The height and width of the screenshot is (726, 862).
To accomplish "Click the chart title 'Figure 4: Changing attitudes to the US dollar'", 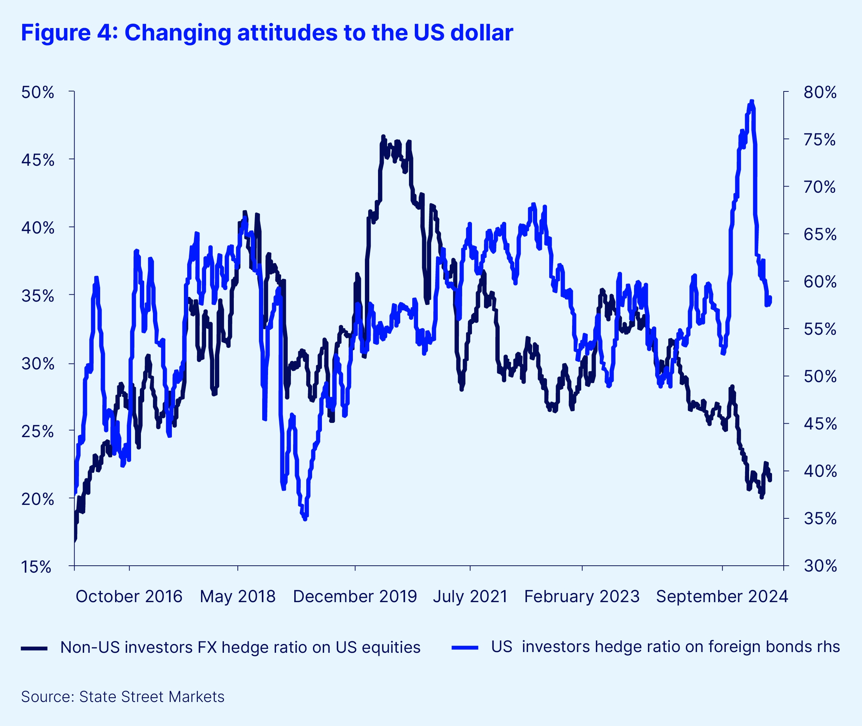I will point(267,32).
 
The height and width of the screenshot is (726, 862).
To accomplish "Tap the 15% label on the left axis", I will point(36,567).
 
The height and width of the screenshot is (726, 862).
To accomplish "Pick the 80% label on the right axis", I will point(820,93).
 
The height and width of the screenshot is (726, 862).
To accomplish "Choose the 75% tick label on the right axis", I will point(820,140).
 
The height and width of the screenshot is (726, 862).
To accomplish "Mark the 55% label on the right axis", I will point(820,329).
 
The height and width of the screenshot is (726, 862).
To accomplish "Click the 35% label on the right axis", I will point(820,519).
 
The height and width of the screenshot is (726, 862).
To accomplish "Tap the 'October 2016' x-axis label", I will point(129,596).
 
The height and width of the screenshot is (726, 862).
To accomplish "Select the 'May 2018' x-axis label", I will point(237,596).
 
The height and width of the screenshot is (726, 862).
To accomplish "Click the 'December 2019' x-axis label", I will point(355,596).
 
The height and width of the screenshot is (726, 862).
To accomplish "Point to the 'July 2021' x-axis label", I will point(470,596).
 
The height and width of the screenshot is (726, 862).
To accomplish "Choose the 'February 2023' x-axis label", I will point(582,596).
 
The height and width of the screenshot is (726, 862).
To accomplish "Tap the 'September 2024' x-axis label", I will point(722,596).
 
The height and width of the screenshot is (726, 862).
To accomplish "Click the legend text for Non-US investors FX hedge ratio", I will point(240,647).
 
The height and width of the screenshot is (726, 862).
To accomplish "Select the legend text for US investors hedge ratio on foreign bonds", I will point(665,647).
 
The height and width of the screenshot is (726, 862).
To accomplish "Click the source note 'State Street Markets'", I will point(151,697).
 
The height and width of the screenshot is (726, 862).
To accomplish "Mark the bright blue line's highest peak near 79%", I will point(752,101).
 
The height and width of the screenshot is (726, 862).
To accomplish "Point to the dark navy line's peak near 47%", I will point(383,137).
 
